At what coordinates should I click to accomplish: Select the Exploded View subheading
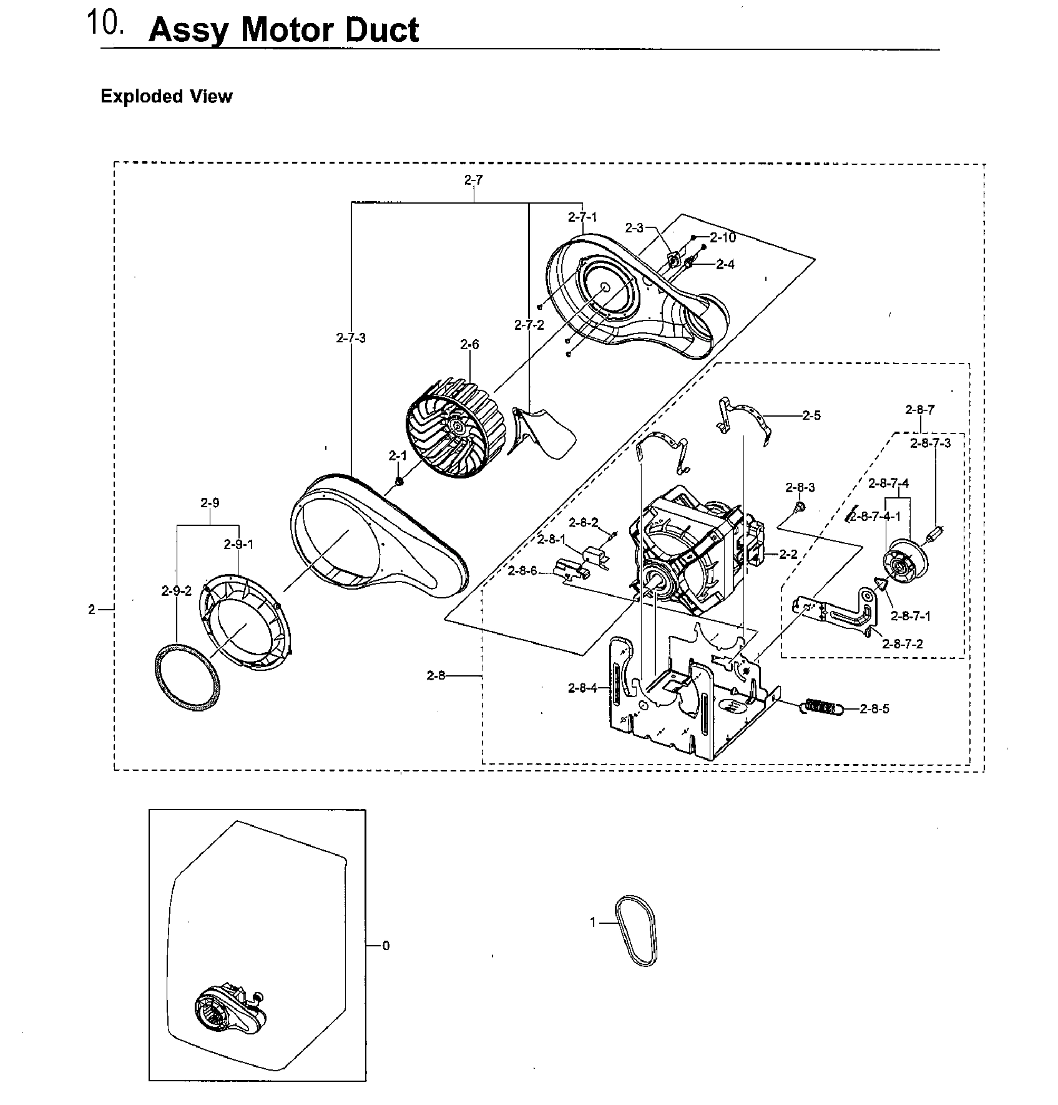166,96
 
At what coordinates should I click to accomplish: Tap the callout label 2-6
469,344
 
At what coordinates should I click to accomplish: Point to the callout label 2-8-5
874,708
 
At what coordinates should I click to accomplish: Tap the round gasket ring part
187,678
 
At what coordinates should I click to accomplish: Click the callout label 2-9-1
238,544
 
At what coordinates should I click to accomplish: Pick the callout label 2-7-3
351,338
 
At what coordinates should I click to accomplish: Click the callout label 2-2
788,554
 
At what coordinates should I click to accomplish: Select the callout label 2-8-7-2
902,644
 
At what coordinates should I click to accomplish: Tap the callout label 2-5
811,415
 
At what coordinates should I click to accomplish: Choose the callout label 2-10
723,237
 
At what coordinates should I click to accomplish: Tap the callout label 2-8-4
582,688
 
